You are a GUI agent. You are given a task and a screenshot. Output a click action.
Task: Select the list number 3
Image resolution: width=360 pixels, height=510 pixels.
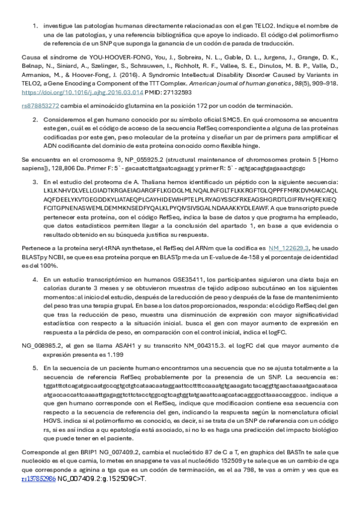(35, 180)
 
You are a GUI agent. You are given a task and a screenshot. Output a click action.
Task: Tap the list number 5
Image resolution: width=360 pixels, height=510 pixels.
(35, 366)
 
